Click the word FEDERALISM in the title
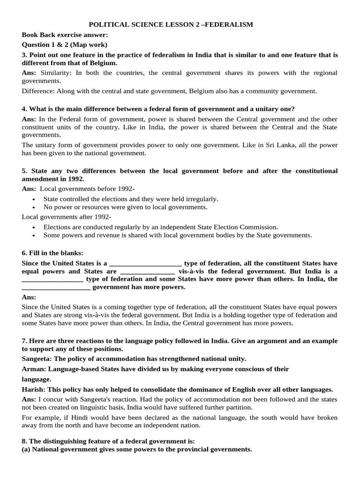228,24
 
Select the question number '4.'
25,109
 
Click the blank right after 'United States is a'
145,263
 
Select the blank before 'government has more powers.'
56,287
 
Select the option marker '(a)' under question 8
27,449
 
